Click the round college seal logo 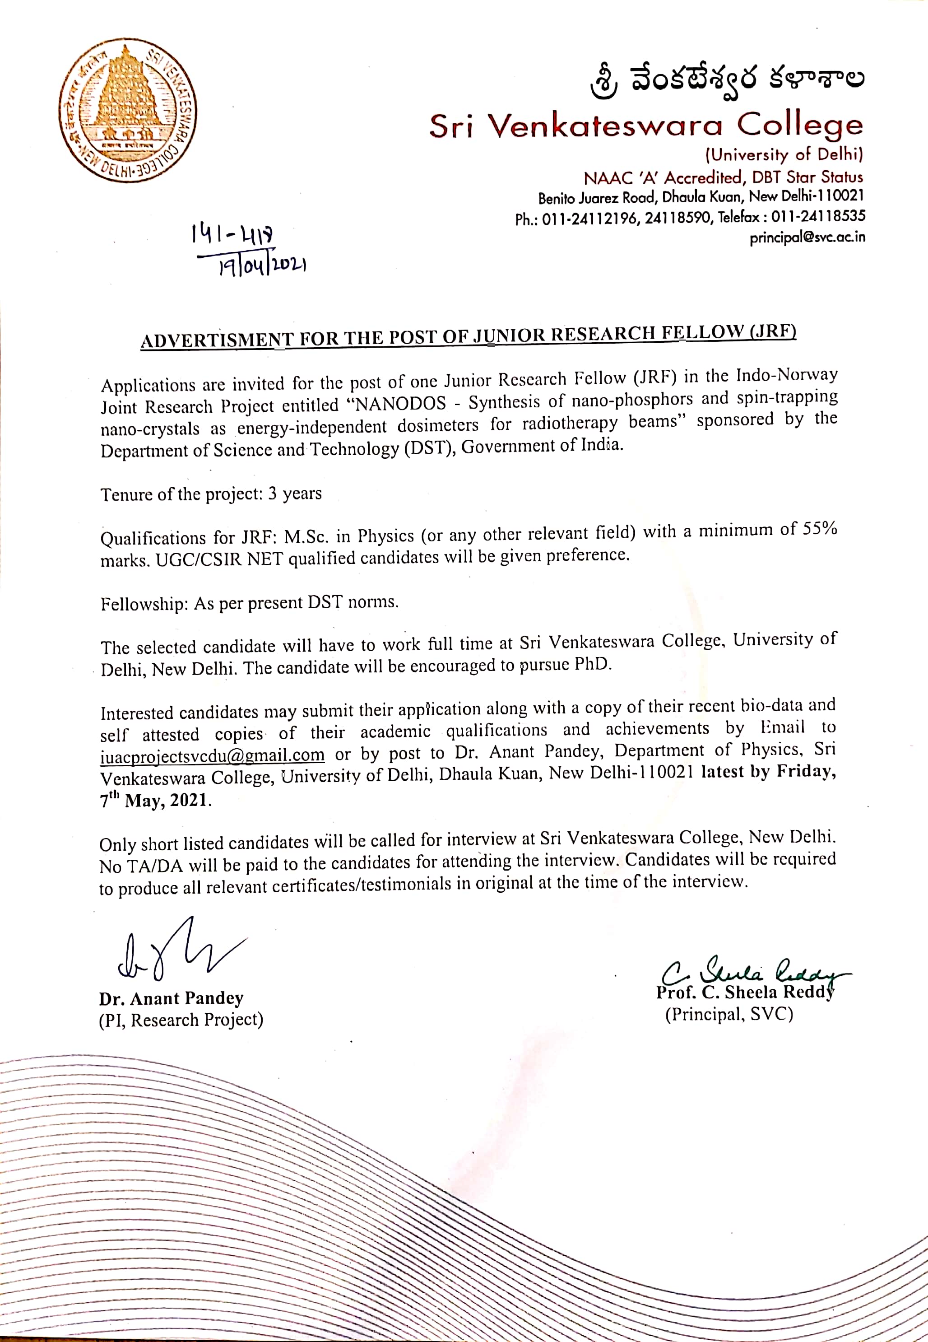(127, 110)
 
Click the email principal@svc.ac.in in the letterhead (807, 238)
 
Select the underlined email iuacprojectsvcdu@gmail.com (212, 755)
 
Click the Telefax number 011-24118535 (817, 216)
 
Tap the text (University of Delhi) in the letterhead (784, 155)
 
